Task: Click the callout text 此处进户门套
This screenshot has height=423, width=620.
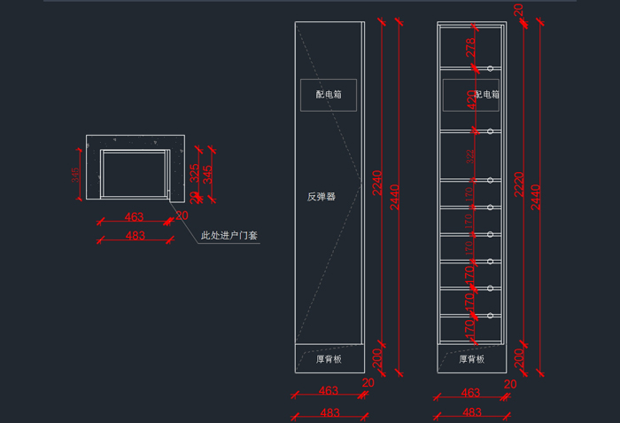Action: click(x=229, y=236)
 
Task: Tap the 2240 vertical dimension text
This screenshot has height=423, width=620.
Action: click(x=376, y=182)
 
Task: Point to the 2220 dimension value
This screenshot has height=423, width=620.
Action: click(x=519, y=184)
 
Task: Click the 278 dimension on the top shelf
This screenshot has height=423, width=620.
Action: click(x=470, y=47)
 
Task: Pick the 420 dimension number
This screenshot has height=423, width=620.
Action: click(x=470, y=100)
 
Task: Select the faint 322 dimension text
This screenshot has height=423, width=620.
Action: click(x=470, y=156)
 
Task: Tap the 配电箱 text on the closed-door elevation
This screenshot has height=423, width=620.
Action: click(x=329, y=93)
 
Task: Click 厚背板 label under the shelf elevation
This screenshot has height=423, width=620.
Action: click(x=471, y=359)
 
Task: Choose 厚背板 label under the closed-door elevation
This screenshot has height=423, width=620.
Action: click(x=329, y=359)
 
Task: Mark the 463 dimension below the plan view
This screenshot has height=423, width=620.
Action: click(x=134, y=216)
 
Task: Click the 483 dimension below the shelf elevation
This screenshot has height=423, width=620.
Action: click(x=472, y=412)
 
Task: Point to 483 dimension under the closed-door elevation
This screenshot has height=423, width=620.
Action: click(x=329, y=412)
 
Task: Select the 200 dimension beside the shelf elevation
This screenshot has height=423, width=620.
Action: click(x=519, y=357)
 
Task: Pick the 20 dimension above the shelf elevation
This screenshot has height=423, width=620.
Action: click(x=519, y=11)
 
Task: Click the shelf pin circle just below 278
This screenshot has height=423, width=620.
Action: click(x=490, y=67)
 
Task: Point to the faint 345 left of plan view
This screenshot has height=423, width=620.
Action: click(x=76, y=175)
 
